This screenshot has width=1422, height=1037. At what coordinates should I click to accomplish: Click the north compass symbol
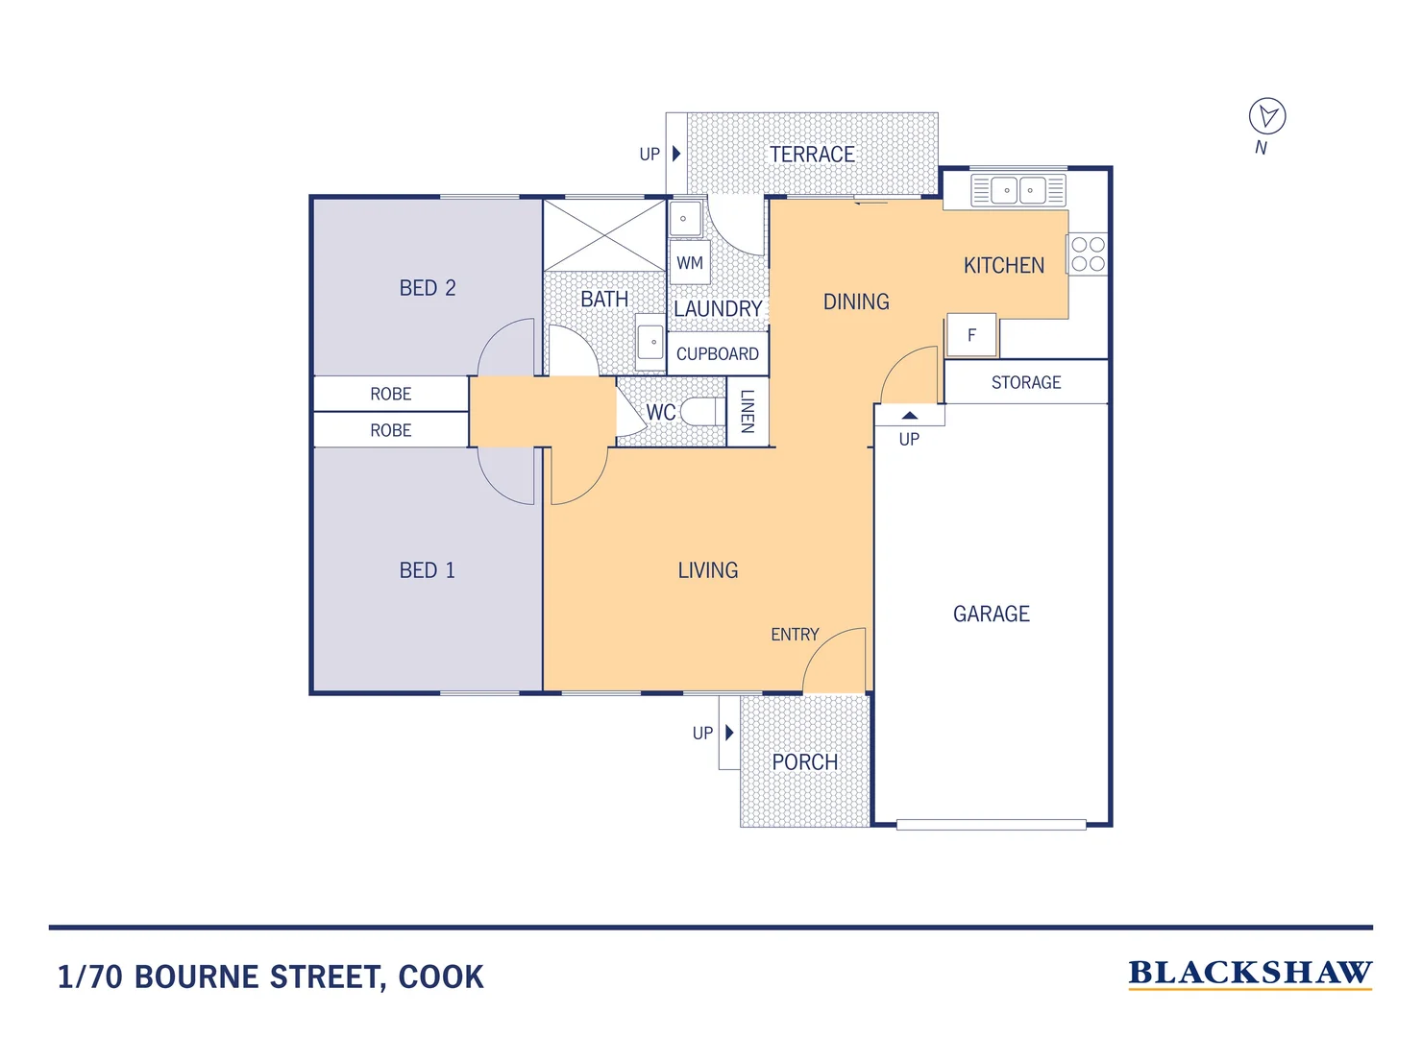(1266, 116)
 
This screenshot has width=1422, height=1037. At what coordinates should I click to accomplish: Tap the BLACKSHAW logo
(1249, 973)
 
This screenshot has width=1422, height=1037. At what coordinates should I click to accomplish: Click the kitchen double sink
(1017, 190)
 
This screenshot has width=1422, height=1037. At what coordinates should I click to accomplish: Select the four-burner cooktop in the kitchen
(1088, 254)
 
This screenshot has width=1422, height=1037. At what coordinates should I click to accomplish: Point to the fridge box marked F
(971, 335)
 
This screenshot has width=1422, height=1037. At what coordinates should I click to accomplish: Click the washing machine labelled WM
(690, 262)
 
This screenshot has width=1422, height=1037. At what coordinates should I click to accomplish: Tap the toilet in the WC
(701, 412)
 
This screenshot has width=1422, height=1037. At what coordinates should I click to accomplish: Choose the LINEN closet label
(748, 411)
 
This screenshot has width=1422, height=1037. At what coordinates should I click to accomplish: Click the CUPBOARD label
(717, 353)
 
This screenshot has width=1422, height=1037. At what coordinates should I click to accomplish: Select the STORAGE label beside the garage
(1025, 382)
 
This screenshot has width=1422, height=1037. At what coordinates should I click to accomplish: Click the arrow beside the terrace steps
(676, 154)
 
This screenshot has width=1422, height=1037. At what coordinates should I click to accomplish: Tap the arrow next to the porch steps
(729, 733)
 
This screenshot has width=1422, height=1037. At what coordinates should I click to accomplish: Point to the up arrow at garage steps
(909, 416)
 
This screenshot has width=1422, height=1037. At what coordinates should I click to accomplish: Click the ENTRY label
(795, 635)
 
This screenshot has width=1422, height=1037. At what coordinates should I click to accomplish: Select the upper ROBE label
(390, 394)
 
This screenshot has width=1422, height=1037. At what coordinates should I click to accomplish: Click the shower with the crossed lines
(604, 235)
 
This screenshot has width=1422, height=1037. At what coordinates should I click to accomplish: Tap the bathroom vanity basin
(651, 342)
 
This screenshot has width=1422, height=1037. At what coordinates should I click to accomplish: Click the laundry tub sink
(684, 219)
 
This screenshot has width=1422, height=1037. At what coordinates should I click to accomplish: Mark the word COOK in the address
(441, 977)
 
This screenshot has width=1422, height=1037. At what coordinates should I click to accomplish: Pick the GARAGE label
(991, 614)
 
